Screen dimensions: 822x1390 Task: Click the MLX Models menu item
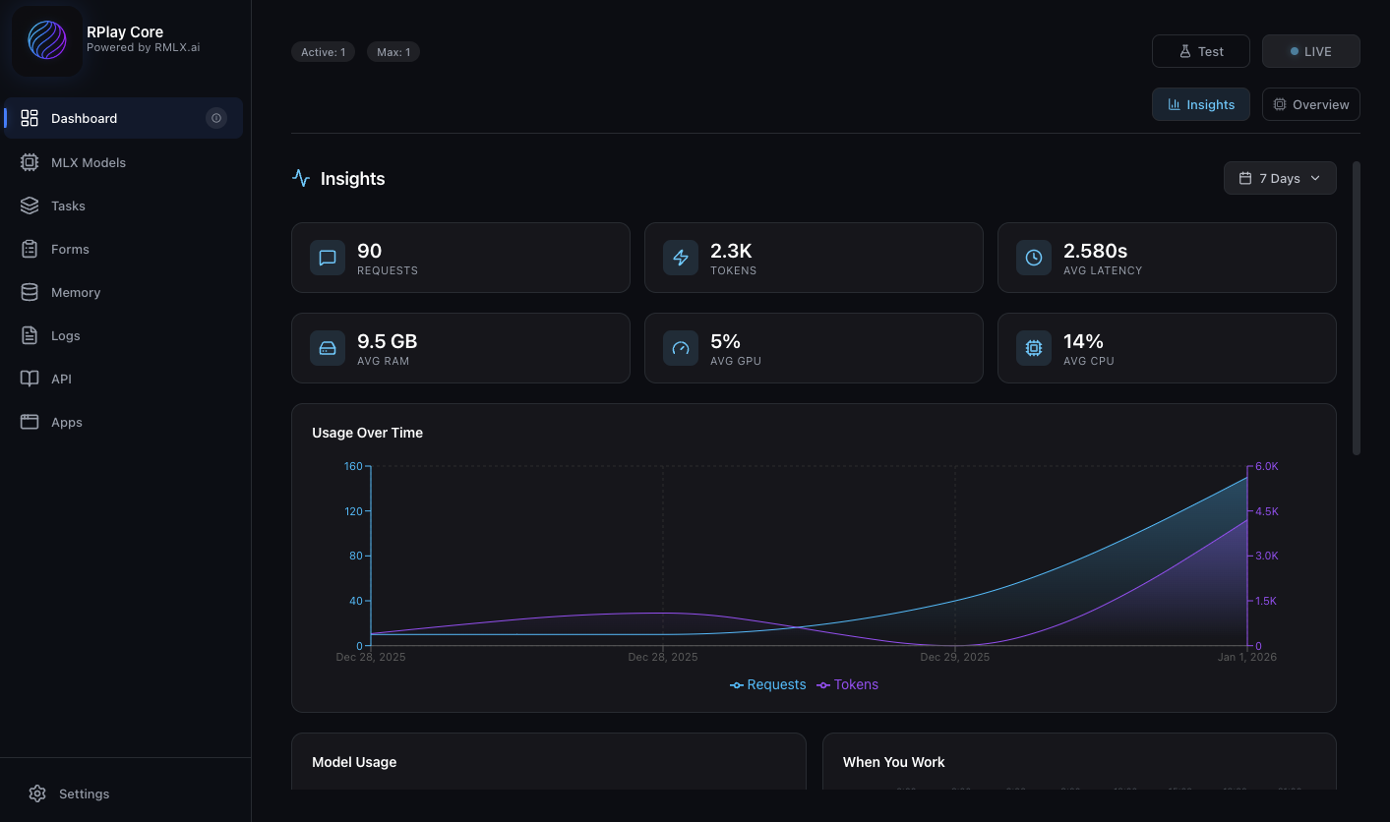(x=88, y=162)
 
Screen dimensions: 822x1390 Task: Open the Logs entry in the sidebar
(x=65, y=335)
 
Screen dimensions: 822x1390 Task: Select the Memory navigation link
(x=75, y=292)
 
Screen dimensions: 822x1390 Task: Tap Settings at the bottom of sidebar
(x=84, y=793)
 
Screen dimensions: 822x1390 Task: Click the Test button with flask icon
(x=1200, y=51)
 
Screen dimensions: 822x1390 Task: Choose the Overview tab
(x=1310, y=104)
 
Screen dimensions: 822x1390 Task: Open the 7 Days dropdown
(x=1279, y=178)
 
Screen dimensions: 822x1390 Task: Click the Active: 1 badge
(x=323, y=52)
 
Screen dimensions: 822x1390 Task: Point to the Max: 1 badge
(x=393, y=52)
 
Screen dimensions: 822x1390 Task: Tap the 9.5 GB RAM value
(x=387, y=341)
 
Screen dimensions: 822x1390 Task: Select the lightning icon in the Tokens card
(x=681, y=258)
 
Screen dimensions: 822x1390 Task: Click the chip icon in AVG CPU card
(x=1034, y=348)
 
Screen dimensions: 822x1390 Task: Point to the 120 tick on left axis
(x=352, y=511)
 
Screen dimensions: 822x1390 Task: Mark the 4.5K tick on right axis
(x=1265, y=511)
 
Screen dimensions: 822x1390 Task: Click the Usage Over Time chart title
(x=367, y=433)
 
